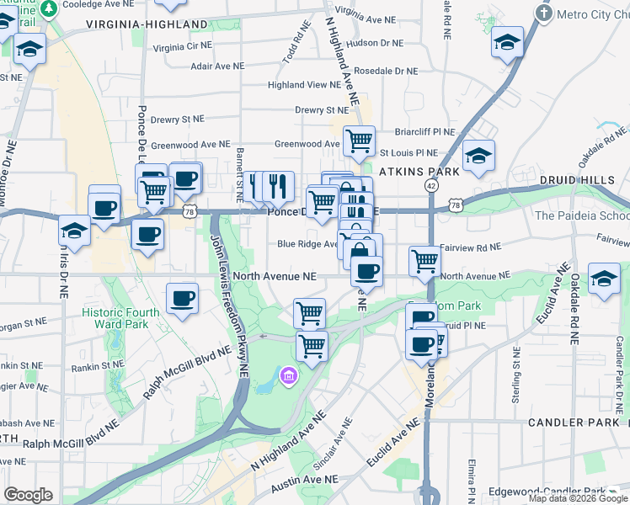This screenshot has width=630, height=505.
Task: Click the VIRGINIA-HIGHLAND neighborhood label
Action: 147,24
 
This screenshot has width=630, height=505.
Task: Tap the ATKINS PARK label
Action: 419,171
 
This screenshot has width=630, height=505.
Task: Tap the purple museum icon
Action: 288,375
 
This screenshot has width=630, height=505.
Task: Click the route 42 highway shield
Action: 431,185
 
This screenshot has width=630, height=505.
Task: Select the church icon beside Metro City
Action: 544,14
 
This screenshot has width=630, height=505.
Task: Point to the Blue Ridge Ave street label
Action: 307,244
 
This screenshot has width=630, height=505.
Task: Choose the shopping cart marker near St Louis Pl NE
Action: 359,141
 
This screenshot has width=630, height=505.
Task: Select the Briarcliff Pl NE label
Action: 424,132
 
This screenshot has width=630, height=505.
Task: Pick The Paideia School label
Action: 582,215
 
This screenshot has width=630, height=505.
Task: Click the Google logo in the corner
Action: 28,495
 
